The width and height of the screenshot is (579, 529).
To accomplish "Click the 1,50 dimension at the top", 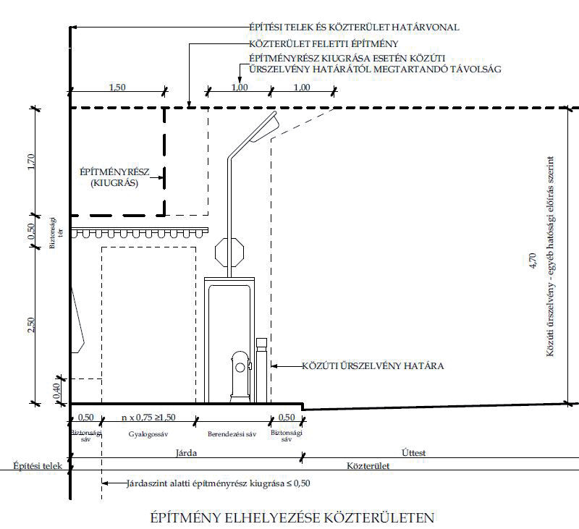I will (x=118, y=88).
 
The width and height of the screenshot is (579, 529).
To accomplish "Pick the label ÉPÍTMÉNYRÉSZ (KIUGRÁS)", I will (x=116, y=178).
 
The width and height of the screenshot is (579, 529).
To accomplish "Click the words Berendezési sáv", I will (x=232, y=436).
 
